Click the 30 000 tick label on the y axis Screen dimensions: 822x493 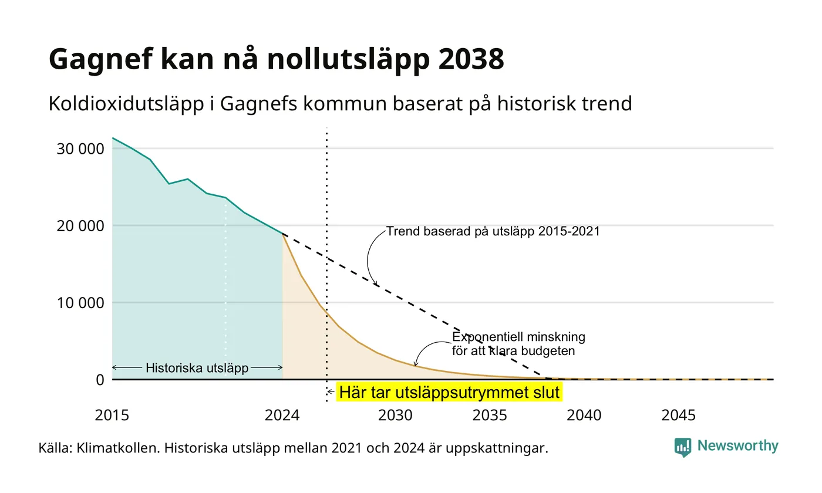[80, 149]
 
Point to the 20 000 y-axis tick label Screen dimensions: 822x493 [80, 226]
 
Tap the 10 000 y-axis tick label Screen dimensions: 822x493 [80, 303]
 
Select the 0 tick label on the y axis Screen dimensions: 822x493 [100, 380]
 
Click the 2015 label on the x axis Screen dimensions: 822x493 [112, 416]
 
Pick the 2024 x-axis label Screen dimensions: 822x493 [282, 416]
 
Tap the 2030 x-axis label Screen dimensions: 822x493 [395, 416]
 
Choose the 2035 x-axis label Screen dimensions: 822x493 [490, 416]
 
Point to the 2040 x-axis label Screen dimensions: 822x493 [584, 416]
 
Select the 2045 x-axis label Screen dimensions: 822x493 [678, 416]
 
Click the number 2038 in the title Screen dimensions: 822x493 [471, 59]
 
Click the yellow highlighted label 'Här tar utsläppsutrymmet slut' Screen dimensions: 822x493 [449, 392]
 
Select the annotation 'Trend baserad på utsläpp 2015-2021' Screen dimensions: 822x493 [493, 231]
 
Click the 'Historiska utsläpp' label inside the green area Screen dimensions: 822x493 [197, 368]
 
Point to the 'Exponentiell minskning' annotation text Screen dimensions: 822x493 [518, 337]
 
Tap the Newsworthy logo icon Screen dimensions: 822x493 [682, 447]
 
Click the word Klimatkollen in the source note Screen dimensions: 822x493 [118, 448]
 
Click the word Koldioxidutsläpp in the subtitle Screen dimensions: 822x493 [126, 104]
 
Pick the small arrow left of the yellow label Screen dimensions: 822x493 [331, 392]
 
